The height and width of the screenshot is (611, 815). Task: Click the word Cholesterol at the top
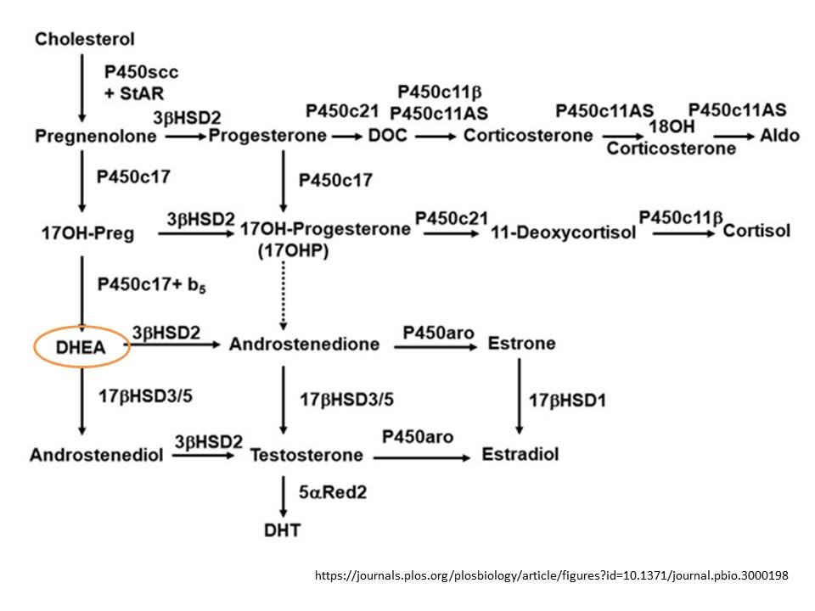[x=85, y=39]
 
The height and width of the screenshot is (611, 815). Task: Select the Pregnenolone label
[x=96, y=136]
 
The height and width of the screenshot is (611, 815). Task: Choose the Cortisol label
[x=756, y=231]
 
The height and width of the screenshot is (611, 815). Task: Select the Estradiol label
[x=520, y=454]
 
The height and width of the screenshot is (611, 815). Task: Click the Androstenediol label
[x=96, y=455]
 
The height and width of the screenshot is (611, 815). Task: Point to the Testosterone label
[x=306, y=455]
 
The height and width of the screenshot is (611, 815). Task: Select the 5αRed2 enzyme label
[x=332, y=493]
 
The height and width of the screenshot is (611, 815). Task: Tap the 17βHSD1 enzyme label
[x=567, y=398]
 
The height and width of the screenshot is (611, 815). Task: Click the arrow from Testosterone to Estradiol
[x=421, y=457]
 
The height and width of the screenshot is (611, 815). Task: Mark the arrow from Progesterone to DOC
[x=346, y=136]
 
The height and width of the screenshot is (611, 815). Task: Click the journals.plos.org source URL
[x=552, y=575]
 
